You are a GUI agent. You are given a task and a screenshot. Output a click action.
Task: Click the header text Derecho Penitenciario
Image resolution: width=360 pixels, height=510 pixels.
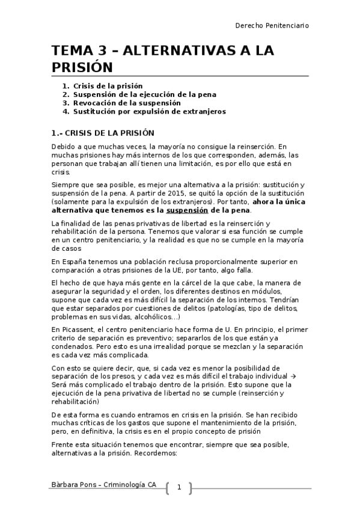272,26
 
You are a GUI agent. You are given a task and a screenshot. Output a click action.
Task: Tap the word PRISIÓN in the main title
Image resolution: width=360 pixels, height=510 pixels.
82,66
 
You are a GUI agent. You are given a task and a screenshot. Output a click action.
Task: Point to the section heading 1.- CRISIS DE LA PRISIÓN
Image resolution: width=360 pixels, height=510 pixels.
102,133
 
